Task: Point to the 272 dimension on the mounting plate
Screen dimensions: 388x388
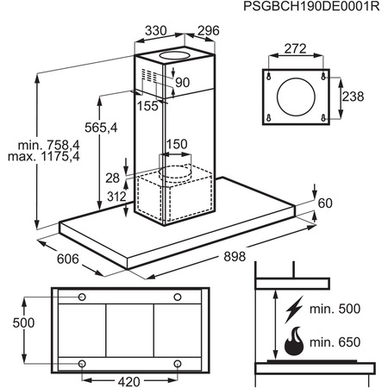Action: (294, 49)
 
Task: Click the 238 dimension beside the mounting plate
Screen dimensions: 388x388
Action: (354, 97)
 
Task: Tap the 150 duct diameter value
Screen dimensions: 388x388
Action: (177, 144)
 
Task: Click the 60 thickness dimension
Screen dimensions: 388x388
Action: (324, 203)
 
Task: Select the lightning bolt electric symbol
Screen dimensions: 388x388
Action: (294, 309)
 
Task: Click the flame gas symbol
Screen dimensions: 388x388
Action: (294, 341)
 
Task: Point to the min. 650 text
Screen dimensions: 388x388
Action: (335, 342)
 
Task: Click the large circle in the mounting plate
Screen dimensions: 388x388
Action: (294, 97)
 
